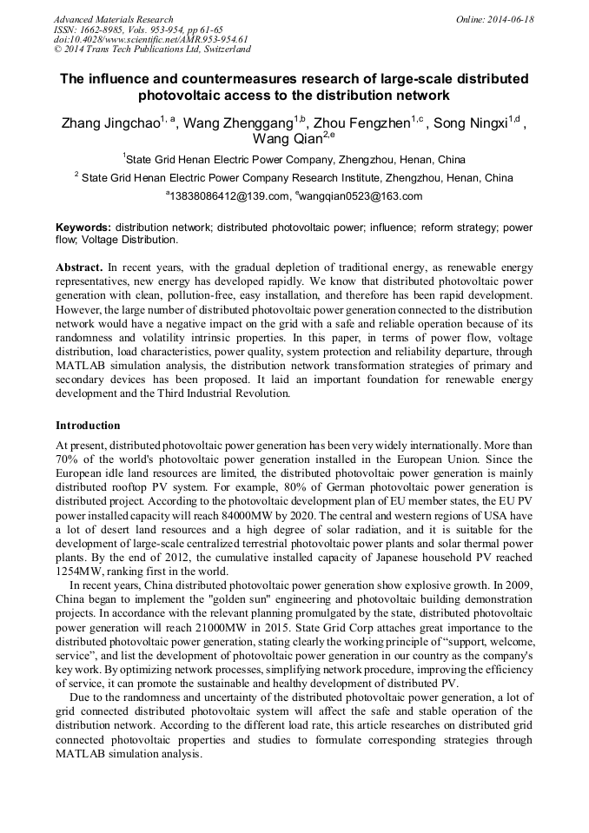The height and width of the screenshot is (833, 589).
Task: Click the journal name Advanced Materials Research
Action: point(113,19)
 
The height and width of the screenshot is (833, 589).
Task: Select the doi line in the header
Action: point(149,39)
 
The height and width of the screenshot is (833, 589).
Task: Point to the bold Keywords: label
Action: point(83,228)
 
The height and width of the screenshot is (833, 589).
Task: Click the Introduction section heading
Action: point(88,426)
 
